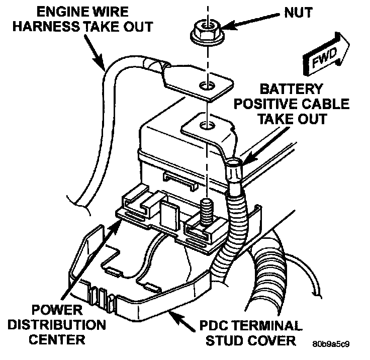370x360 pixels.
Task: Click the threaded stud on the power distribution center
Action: tap(206, 209)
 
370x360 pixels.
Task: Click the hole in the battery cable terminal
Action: tap(203, 125)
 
